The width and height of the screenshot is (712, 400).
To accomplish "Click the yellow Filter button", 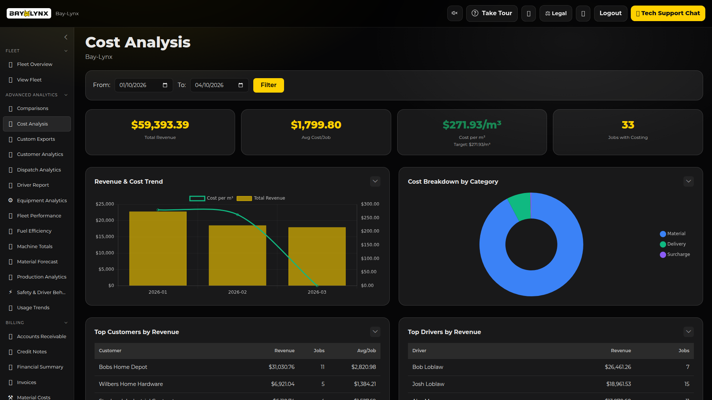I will (x=268, y=85).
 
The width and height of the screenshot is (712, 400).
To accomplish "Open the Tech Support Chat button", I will (x=667, y=13).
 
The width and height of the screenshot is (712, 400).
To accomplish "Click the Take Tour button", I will (x=491, y=13).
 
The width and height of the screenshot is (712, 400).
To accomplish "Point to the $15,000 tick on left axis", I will (x=105, y=237).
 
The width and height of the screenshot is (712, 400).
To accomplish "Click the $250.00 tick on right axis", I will (x=370, y=218).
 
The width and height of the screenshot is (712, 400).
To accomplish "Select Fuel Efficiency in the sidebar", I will (x=34, y=231).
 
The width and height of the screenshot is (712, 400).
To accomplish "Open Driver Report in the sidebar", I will (x=33, y=185).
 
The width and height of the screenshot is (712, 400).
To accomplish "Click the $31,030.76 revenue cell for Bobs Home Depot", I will (x=281, y=367).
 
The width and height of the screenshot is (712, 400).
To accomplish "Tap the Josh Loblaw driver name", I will (x=428, y=384).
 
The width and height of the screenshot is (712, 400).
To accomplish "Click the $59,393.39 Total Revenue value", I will (x=160, y=125).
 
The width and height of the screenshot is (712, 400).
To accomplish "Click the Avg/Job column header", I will (x=366, y=351).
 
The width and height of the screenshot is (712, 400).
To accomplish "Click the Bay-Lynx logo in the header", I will (x=29, y=13).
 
